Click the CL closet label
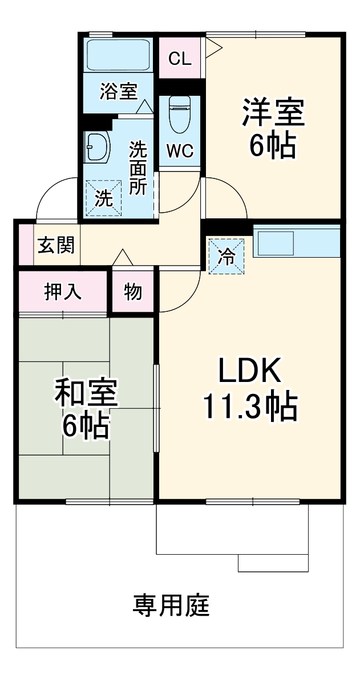180,58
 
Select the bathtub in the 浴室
118,55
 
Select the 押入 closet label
63,292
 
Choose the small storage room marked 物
133,292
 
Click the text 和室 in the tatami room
86,394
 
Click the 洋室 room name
273,113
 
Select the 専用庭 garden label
172,605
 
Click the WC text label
180,151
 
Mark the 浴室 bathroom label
118,91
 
